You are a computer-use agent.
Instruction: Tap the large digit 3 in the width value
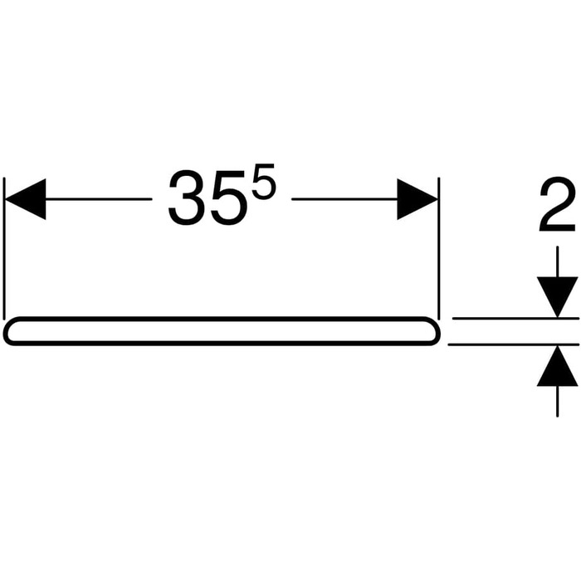[187, 198]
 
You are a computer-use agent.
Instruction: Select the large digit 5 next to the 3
[228, 198]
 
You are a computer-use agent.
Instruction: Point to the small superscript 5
[264, 182]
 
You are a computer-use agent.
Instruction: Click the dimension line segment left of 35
[99, 199]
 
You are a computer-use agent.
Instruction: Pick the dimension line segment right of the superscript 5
[344, 199]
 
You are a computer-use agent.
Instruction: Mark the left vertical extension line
[4, 248]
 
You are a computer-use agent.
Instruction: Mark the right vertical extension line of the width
[439, 248]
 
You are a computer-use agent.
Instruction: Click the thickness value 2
[557, 204]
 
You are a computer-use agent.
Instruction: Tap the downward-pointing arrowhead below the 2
[557, 297]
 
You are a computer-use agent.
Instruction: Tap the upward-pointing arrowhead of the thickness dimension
[557, 366]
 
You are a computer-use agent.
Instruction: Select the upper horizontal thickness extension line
[515, 318]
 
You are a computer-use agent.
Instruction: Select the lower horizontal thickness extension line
[513, 344]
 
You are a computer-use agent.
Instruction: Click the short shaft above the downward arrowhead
[557, 261]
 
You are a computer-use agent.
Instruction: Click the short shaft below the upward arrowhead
[557, 401]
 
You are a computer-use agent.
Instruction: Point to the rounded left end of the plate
[7, 331]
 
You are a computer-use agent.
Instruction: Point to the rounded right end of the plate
[437, 331]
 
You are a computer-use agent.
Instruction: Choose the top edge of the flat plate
[222, 318]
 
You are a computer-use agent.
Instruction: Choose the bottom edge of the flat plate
[222, 344]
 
